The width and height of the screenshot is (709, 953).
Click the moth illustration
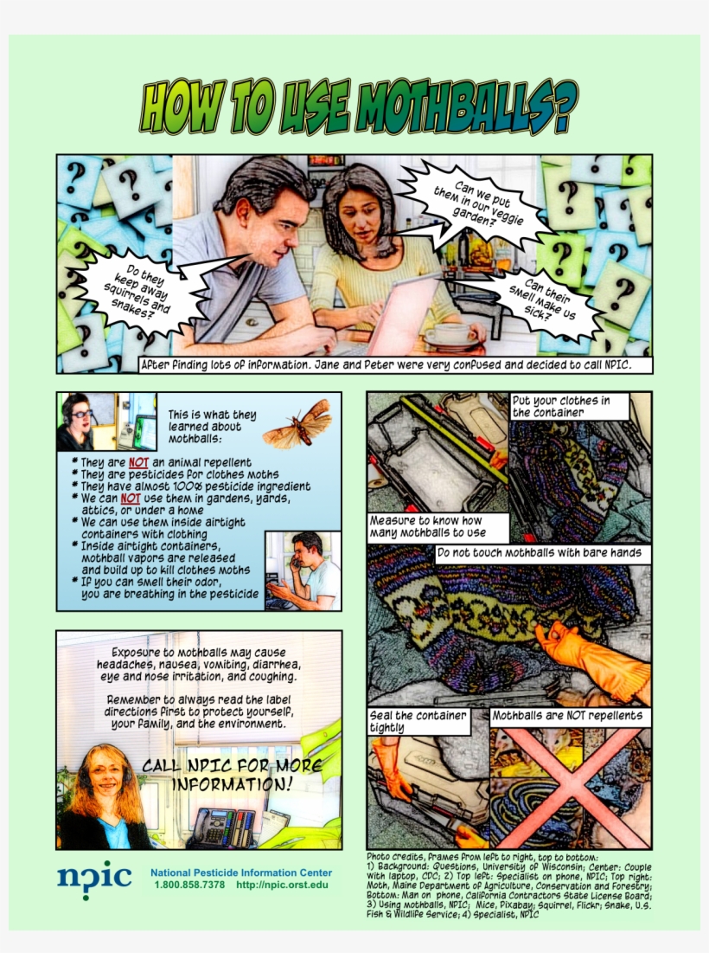pos(298,423)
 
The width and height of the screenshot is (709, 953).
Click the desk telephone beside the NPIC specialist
pos(223,827)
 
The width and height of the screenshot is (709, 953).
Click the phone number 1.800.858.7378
pos(189,885)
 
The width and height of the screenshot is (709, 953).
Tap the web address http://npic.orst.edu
pos(282,885)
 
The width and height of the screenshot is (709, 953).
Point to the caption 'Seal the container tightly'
pos(418,722)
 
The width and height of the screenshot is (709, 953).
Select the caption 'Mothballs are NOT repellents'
pos(567,716)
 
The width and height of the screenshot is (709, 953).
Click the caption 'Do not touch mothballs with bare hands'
pos(539,552)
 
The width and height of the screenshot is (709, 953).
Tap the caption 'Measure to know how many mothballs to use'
pos(438,527)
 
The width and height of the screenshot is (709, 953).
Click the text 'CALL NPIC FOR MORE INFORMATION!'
pos(232,775)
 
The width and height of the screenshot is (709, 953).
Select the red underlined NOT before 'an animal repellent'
pos(138,462)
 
